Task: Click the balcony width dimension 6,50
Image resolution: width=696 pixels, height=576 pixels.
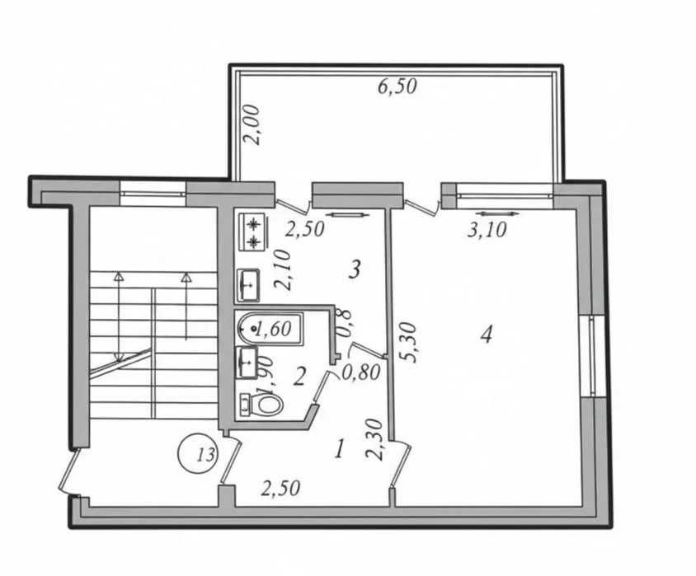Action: click(x=397, y=86)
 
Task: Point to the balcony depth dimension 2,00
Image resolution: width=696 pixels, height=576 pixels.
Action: click(x=253, y=124)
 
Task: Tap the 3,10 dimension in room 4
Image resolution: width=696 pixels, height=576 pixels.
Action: click(x=487, y=230)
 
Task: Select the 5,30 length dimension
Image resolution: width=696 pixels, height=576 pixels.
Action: click(x=408, y=342)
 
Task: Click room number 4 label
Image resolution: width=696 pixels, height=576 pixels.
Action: click(x=487, y=334)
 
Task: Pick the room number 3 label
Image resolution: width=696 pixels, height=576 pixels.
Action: click(x=355, y=269)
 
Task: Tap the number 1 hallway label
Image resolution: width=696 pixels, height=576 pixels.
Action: click(x=340, y=450)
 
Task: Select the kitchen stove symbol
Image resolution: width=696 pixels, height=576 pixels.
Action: click(x=253, y=230)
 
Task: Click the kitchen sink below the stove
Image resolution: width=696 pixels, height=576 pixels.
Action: click(x=248, y=284)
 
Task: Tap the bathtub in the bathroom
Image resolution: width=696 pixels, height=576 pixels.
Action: click(x=270, y=329)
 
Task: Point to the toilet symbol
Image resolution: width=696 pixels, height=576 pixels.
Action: click(x=261, y=404)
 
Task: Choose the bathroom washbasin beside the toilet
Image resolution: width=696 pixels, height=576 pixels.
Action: click(x=247, y=363)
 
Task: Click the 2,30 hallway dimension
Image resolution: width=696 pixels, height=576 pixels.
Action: click(x=374, y=440)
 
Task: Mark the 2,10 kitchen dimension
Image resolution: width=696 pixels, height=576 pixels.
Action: click(x=284, y=269)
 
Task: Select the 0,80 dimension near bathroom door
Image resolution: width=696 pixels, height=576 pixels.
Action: click(x=361, y=372)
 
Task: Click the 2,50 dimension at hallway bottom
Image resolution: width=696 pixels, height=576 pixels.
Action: click(x=280, y=488)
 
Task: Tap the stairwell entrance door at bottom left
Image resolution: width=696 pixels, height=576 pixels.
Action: click(x=69, y=471)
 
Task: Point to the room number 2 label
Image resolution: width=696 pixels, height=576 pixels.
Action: click(x=299, y=377)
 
